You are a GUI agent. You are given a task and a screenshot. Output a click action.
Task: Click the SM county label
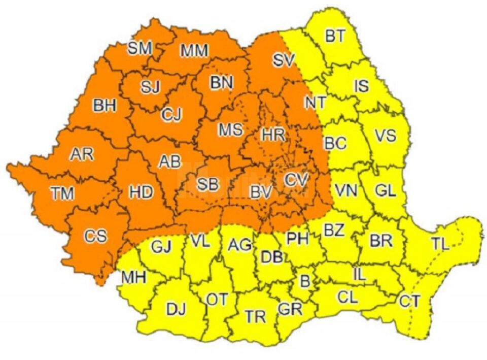point(140,48)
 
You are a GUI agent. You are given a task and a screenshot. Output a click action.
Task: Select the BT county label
point(335,36)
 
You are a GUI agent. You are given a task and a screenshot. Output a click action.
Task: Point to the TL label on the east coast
point(440,244)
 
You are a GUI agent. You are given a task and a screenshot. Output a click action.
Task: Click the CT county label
point(409,301)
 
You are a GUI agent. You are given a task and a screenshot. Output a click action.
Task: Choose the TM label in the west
point(62,193)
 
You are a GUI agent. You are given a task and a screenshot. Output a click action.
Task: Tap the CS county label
point(96,236)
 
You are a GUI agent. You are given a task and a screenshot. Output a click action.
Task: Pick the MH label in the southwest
point(134,277)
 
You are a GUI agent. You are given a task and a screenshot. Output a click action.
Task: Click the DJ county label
point(176,308)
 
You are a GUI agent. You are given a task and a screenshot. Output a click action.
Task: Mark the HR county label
point(273,135)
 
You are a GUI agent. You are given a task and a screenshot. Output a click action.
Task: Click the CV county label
point(296,179)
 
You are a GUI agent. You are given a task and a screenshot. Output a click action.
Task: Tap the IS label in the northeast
point(361,86)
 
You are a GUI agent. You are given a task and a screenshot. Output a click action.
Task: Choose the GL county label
point(386,191)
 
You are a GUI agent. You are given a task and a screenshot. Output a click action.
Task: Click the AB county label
point(170,161)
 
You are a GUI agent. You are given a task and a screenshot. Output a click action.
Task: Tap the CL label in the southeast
point(347,297)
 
